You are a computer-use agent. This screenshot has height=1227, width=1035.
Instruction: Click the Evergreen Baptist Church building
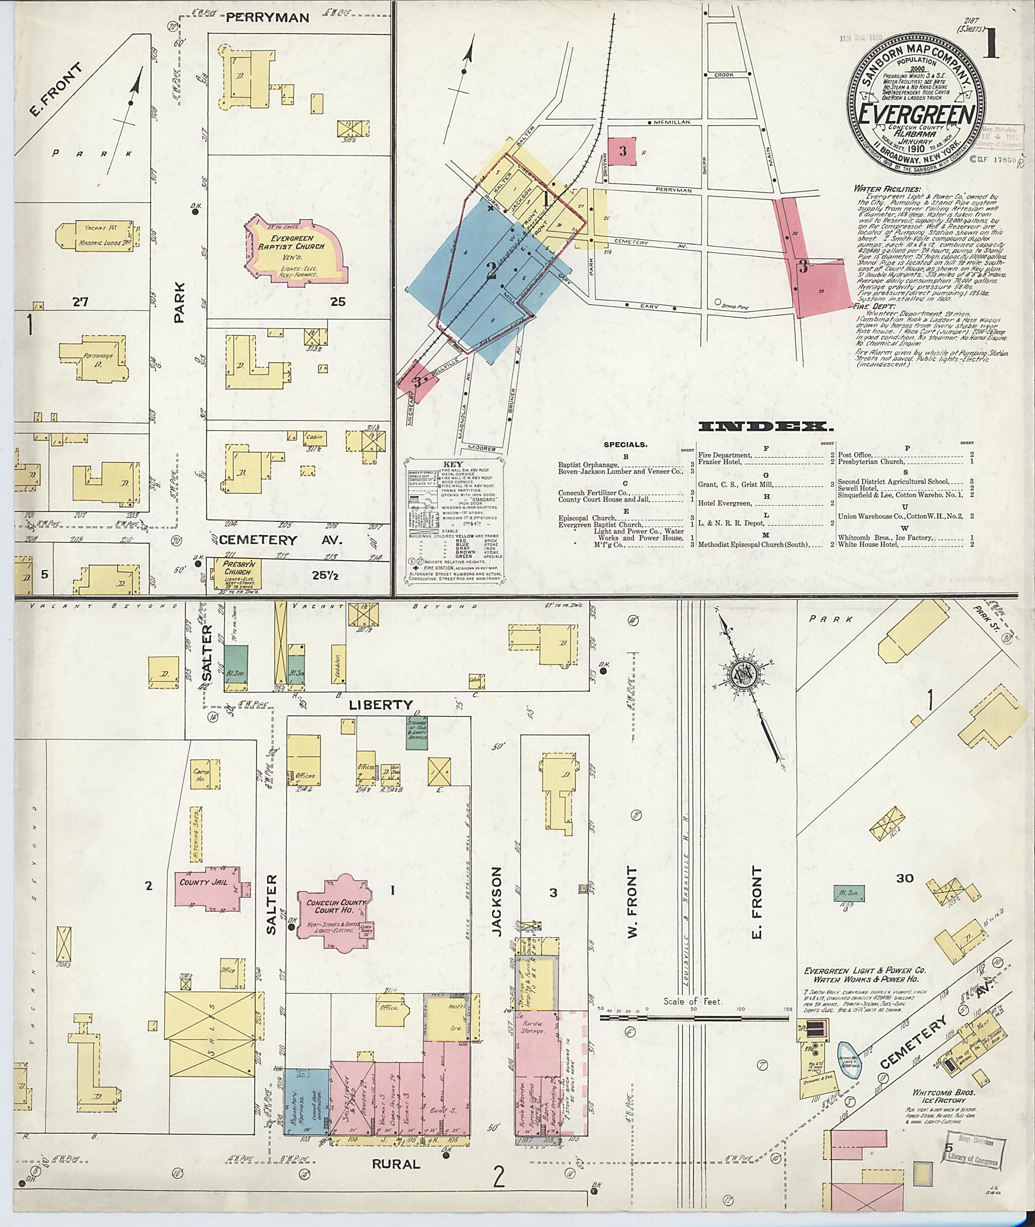point(292,251)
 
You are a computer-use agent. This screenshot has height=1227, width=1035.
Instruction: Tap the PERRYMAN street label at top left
point(267,18)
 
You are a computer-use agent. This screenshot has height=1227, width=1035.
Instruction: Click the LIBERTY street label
point(381,704)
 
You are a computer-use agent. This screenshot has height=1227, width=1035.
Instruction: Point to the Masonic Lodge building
point(97,237)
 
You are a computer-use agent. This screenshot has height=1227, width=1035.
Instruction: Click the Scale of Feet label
point(693,1002)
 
